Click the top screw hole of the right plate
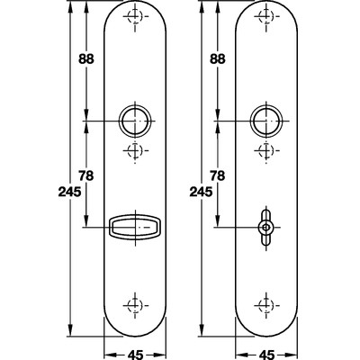(x=265, y=18)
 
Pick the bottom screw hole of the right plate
(x=265, y=303)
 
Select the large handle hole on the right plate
(x=265, y=120)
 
